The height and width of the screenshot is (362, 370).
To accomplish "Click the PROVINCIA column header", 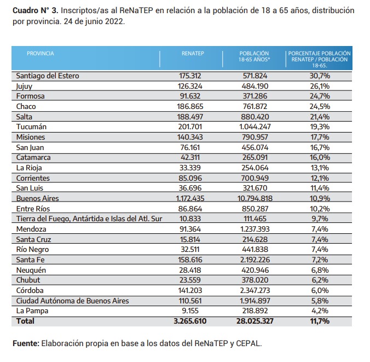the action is [41, 53].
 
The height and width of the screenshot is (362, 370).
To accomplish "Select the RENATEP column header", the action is [193, 53].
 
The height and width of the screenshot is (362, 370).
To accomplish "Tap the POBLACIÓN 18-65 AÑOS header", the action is [254, 56].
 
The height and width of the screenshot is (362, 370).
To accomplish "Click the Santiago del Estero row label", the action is [48, 76].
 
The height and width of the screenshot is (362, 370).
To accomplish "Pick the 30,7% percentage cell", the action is [320, 76].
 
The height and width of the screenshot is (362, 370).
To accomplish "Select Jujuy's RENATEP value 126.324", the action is [190, 86].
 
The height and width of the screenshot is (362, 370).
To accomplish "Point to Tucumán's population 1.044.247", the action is [255, 127].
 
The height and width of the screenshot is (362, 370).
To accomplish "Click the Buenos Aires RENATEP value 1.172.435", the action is [190, 198].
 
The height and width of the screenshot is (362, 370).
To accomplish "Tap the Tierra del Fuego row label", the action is [89, 219].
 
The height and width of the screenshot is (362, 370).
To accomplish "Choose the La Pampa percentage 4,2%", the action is [320, 311].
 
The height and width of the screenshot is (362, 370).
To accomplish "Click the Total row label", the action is [25, 321].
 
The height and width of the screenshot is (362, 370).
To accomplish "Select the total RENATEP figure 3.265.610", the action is [190, 321].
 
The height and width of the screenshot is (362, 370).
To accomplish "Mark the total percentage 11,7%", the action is [320, 321].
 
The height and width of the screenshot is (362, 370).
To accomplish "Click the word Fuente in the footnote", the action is [26, 343].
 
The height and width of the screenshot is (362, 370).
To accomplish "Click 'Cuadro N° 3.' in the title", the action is [36, 10].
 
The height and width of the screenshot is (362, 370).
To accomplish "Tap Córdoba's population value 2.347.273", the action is [255, 290].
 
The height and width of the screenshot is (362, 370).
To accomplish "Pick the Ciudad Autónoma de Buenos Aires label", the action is [72, 301].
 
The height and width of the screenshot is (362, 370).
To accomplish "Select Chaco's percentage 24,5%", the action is [320, 106].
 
